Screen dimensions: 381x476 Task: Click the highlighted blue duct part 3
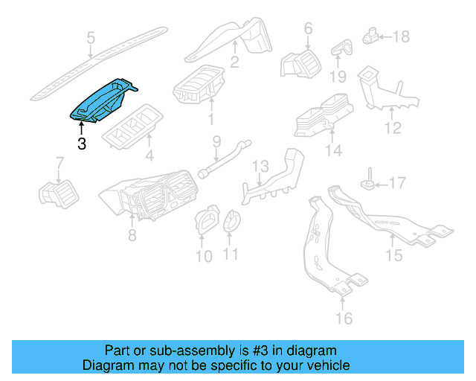(104, 100)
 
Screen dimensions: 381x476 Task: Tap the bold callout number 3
(81, 144)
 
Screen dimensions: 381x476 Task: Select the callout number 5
(91, 38)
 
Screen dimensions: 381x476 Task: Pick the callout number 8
(132, 236)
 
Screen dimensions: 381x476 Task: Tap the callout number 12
(392, 129)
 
